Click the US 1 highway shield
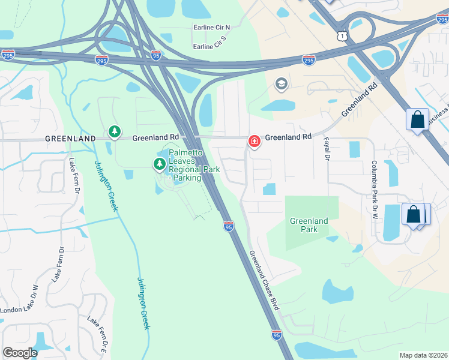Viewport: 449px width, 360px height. point(342,37)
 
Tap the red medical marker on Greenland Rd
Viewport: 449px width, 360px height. point(254,142)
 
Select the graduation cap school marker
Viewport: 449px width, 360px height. point(280,84)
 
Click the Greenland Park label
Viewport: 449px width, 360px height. point(309,225)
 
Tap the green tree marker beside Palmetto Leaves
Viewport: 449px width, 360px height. point(160,163)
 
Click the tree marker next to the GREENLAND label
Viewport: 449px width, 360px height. point(114,131)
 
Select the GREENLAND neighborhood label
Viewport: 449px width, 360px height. point(70,138)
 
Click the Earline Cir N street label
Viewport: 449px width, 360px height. point(212,28)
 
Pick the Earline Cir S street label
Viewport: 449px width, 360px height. point(211,46)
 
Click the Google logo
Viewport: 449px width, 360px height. point(20,352)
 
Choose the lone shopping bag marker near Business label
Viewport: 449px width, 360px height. point(417,119)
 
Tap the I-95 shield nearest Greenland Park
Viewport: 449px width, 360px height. point(228,226)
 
